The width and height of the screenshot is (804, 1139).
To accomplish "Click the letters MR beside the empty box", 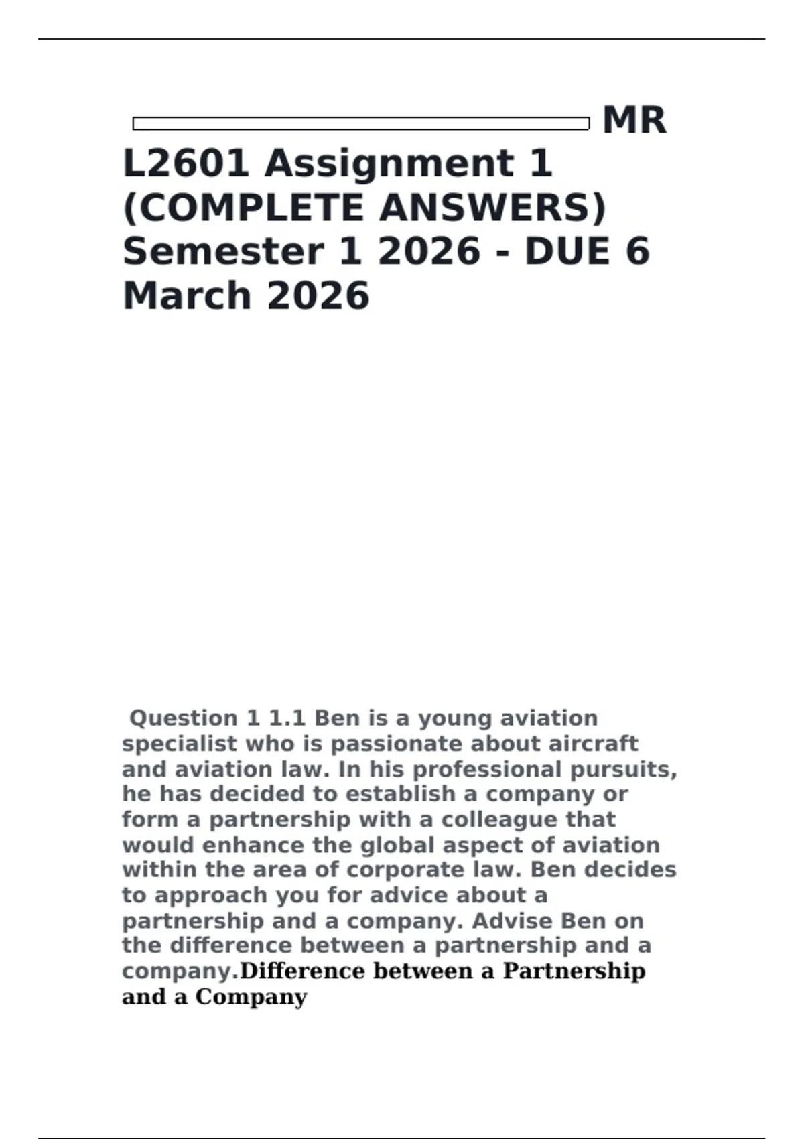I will (634, 121).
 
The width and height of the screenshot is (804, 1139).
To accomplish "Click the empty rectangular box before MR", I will (360, 123).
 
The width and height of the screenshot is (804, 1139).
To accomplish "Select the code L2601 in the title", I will (186, 163).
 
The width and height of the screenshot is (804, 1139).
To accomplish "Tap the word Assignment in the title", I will (389, 163).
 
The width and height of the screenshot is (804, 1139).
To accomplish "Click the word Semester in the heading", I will (223, 252).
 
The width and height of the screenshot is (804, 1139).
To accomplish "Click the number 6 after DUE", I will (637, 252).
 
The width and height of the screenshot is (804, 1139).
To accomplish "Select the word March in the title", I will (187, 296).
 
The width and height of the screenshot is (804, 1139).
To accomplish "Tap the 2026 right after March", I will (318, 296).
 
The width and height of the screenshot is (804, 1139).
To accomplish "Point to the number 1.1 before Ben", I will (287, 718).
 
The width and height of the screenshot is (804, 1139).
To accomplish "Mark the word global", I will (392, 845).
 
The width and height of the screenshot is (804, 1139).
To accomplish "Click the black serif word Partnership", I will (574, 971).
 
